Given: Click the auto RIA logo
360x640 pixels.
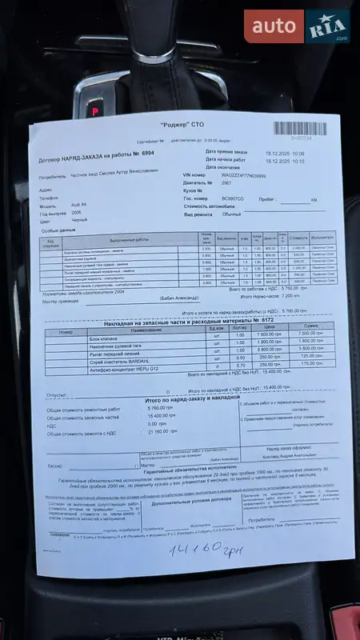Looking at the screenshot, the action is pos(297,26).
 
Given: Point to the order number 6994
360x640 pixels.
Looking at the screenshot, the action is pos(149,152).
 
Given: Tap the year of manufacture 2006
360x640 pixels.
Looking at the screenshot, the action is pos(78,214).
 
